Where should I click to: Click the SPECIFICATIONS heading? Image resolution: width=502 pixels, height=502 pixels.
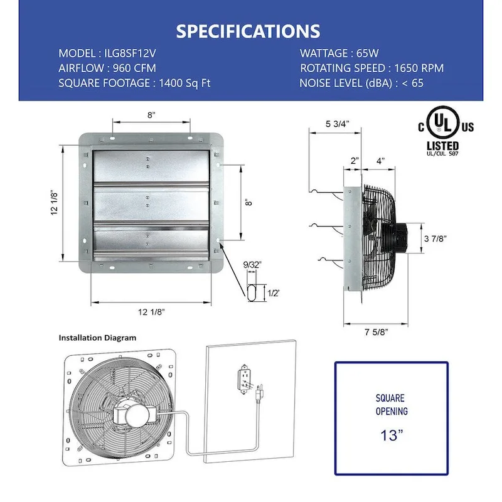point(248,31)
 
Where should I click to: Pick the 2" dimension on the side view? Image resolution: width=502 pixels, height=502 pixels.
point(355,161)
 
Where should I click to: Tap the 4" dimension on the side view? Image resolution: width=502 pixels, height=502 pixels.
point(380,161)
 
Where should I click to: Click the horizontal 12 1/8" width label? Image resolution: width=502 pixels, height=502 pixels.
point(151,311)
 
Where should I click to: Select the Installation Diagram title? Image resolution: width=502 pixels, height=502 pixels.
point(97,338)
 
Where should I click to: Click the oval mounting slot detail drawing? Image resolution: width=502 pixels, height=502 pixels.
point(254,293)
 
